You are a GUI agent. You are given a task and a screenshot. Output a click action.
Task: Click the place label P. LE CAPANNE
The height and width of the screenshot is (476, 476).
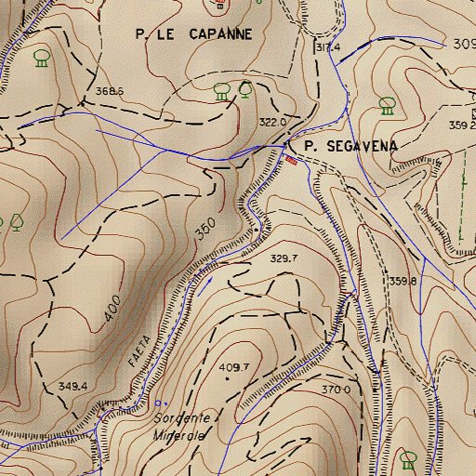(x=193, y=33)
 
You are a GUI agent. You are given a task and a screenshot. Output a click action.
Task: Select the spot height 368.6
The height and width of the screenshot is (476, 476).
(x=110, y=91)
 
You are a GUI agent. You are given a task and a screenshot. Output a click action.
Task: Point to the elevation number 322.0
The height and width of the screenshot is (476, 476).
(x=270, y=122)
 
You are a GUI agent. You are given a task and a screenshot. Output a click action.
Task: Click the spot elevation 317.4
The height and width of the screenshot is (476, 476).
(x=328, y=46)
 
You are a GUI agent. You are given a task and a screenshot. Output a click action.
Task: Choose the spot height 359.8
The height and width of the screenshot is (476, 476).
(x=403, y=281)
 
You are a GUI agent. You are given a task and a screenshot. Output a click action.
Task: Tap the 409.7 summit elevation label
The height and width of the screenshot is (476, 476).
(x=233, y=368)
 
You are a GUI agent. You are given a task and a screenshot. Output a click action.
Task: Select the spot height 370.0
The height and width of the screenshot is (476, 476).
(x=336, y=390)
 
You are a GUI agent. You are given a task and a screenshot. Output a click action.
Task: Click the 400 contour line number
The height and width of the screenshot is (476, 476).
(x=113, y=310)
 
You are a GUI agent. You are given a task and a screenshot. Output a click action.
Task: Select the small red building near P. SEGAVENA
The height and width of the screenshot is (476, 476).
(x=291, y=161)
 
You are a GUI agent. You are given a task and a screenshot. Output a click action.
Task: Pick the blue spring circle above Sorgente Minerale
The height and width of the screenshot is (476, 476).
(x=158, y=403)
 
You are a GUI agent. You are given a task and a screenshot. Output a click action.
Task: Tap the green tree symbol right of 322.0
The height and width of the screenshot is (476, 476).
(x=245, y=90)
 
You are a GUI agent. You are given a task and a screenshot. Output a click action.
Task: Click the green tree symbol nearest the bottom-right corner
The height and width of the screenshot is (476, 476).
(x=407, y=458)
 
